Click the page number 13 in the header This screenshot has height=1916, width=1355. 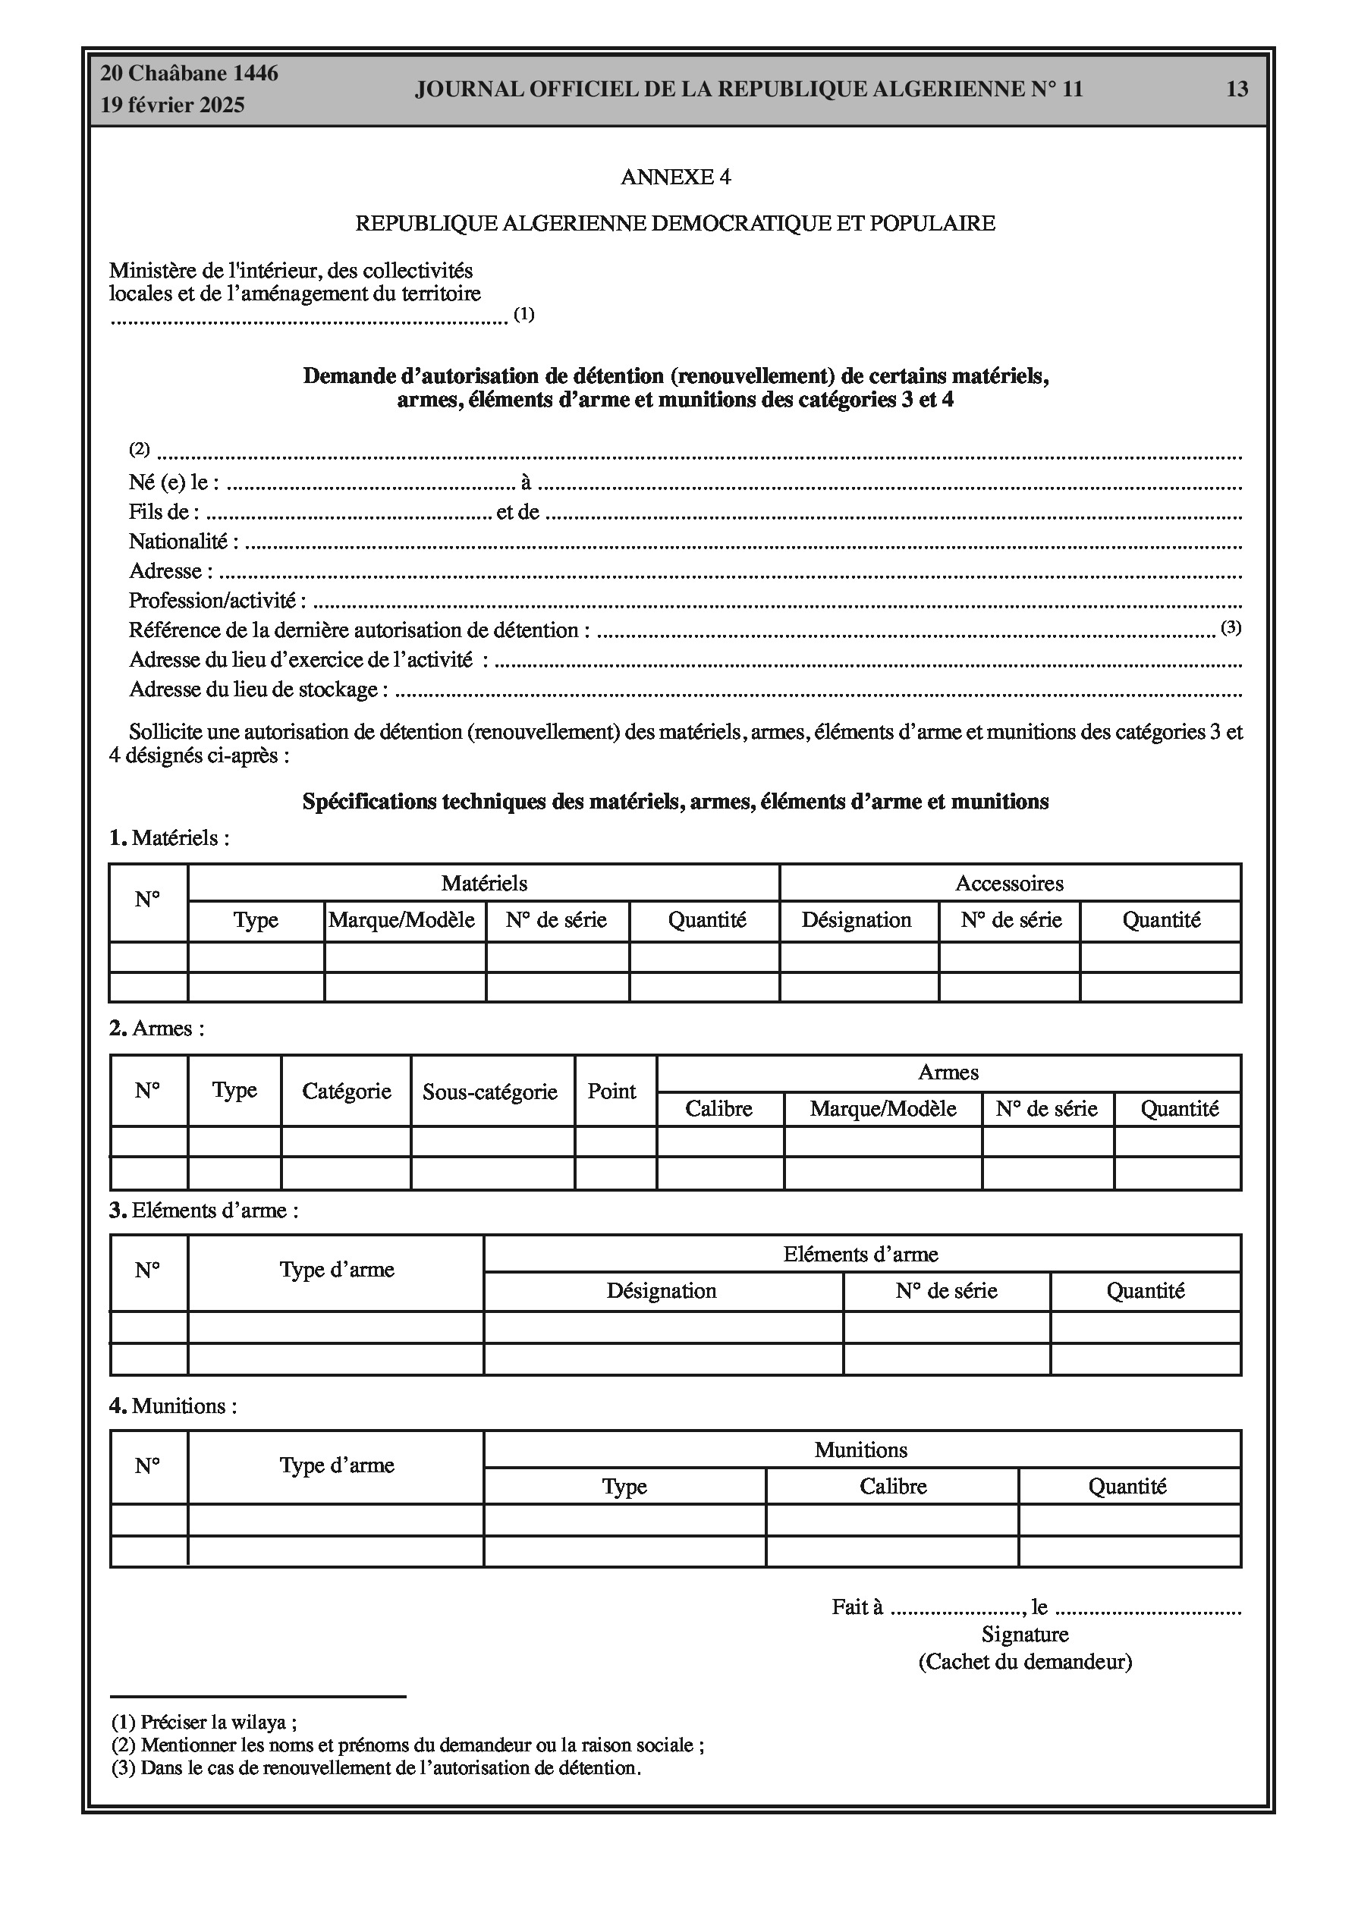[x=1237, y=90]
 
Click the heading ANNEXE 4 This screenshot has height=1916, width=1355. [x=675, y=177]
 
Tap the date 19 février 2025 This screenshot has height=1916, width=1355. [x=172, y=105]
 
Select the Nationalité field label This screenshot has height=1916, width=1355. [x=183, y=542]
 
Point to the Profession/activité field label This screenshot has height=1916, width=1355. [x=217, y=601]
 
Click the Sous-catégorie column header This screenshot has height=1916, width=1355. [x=490, y=1091]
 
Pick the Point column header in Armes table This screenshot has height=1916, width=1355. [x=612, y=1091]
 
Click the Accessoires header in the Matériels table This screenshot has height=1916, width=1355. [x=1009, y=883]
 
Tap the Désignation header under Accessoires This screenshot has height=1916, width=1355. [x=857, y=920]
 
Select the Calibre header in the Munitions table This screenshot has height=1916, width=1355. [x=892, y=1486]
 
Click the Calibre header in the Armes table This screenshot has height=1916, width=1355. [x=718, y=1109]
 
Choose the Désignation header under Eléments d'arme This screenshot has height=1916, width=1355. [x=662, y=1291]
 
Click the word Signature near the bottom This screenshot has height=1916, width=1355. [x=1024, y=1634]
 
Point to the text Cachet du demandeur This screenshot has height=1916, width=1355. [x=1025, y=1661]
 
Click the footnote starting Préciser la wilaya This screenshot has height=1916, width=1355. [x=205, y=1722]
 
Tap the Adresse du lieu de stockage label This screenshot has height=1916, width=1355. [x=258, y=690]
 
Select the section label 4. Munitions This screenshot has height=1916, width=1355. [x=174, y=1406]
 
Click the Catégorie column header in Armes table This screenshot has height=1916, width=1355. [x=347, y=1091]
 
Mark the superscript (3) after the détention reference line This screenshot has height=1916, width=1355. [x=1231, y=627]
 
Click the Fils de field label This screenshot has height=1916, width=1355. [x=164, y=513]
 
